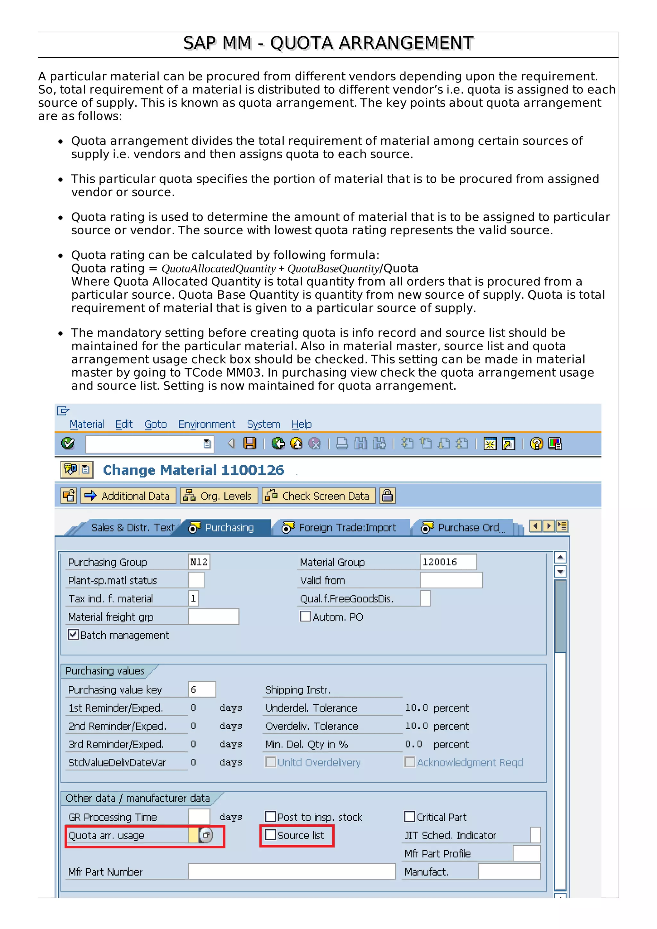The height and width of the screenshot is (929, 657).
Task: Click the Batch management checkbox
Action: tap(73, 634)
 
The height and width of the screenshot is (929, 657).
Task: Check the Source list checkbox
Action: tap(270, 835)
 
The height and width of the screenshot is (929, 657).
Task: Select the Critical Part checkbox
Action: tap(409, 816)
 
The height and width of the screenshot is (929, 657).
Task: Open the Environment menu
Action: tap(207, 424)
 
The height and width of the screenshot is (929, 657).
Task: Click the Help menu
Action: tap(302, 424)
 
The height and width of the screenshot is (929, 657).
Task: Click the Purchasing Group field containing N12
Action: tap(199, 562)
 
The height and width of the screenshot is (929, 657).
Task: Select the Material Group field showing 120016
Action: tap(448, 562)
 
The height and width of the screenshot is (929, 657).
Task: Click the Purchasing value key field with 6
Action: tap(201, 690)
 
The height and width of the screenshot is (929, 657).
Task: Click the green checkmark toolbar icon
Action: tap(68, 443)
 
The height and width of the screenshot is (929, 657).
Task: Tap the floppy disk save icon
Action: tap(250, 443)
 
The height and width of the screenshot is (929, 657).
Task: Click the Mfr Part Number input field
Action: tap(292, 872)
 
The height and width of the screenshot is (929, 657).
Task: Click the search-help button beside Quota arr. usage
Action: tap(206, 835)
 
